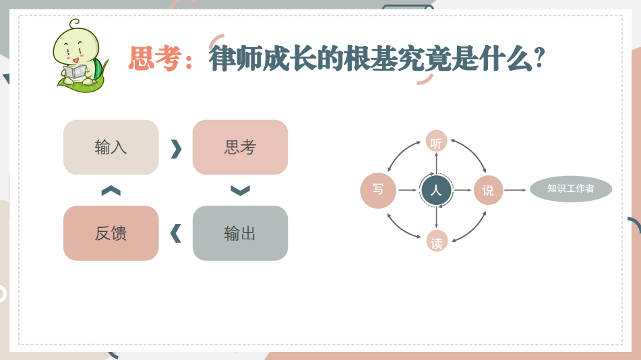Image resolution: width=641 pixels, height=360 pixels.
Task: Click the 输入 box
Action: coord(111,147)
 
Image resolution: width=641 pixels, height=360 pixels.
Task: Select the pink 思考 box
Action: coord(240,147)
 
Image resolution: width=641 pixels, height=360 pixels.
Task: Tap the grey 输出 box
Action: coord(240,233)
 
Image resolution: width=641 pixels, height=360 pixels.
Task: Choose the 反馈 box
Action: coord(111,233)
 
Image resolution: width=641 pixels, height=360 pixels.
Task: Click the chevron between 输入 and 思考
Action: coord(176,148)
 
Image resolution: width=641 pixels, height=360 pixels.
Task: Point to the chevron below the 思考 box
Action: coord(240,190)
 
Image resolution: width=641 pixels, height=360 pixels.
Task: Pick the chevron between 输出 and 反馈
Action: coord(176,233)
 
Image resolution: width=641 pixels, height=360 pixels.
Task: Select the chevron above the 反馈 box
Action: coord(111,191)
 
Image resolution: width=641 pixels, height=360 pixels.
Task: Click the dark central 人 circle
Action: coord(436,190)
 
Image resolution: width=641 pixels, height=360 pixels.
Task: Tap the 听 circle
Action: coord(436,142)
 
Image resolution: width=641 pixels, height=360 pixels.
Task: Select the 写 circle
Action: coord(378,190)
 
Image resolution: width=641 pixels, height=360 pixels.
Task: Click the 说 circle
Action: coord(488,190)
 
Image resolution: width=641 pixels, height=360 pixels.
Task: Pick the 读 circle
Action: coord(437,241)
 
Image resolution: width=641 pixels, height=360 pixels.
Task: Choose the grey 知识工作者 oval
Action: coord(571,189)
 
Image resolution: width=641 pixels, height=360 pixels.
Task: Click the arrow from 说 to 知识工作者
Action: coord(515,190)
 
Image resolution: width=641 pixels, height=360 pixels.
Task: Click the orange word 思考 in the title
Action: coord(155,59)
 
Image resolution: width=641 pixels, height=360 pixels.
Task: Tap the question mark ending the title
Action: coord(540,58)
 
